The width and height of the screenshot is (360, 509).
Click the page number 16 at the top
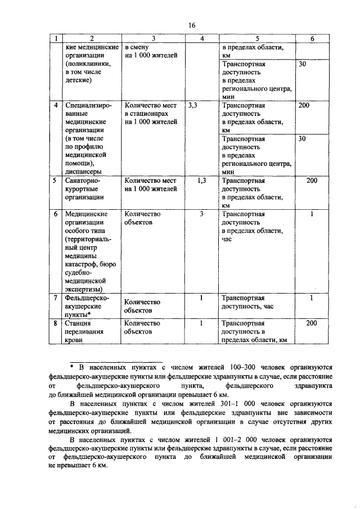[192, 26]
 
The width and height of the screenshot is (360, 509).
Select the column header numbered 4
[201, 39]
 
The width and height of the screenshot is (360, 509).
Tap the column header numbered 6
[313, 39]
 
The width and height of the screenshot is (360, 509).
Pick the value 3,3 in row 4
[193, 105]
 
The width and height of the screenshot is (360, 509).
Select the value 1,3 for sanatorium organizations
[202, 181]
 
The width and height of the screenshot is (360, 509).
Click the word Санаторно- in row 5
[83, 181]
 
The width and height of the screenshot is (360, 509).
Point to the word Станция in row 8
[78, 323]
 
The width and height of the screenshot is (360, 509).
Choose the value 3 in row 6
[201, 214]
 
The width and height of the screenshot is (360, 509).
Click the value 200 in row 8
[312, 323]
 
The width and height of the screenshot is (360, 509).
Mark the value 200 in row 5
[312, 181]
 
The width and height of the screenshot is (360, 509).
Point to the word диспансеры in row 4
[83, 172]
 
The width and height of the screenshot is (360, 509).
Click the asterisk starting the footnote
[72, 365]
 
